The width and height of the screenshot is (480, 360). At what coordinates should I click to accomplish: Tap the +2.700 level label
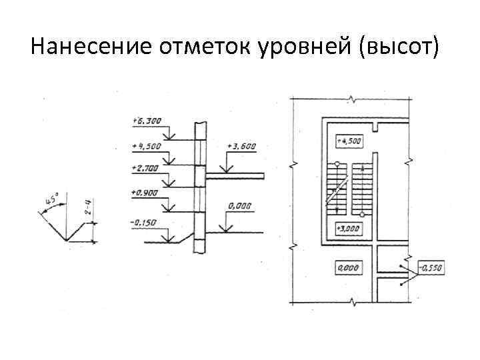[145, 169]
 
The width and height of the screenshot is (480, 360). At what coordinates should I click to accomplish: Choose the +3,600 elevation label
[241, 146]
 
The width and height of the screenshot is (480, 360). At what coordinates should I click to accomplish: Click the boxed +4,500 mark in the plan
[349, 141]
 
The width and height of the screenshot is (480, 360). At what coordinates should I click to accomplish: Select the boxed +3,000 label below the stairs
[349, 229]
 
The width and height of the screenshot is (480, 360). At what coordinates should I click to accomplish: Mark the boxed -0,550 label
[431, 268]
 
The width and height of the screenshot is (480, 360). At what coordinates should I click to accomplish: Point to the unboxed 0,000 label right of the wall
[239, 207]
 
